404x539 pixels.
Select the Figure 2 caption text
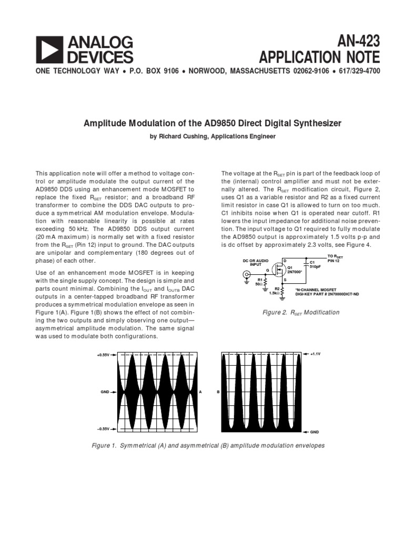301,312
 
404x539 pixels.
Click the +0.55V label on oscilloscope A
103,355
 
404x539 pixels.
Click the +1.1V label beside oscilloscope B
315,354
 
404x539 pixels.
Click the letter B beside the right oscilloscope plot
218,392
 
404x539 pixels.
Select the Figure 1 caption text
208,445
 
